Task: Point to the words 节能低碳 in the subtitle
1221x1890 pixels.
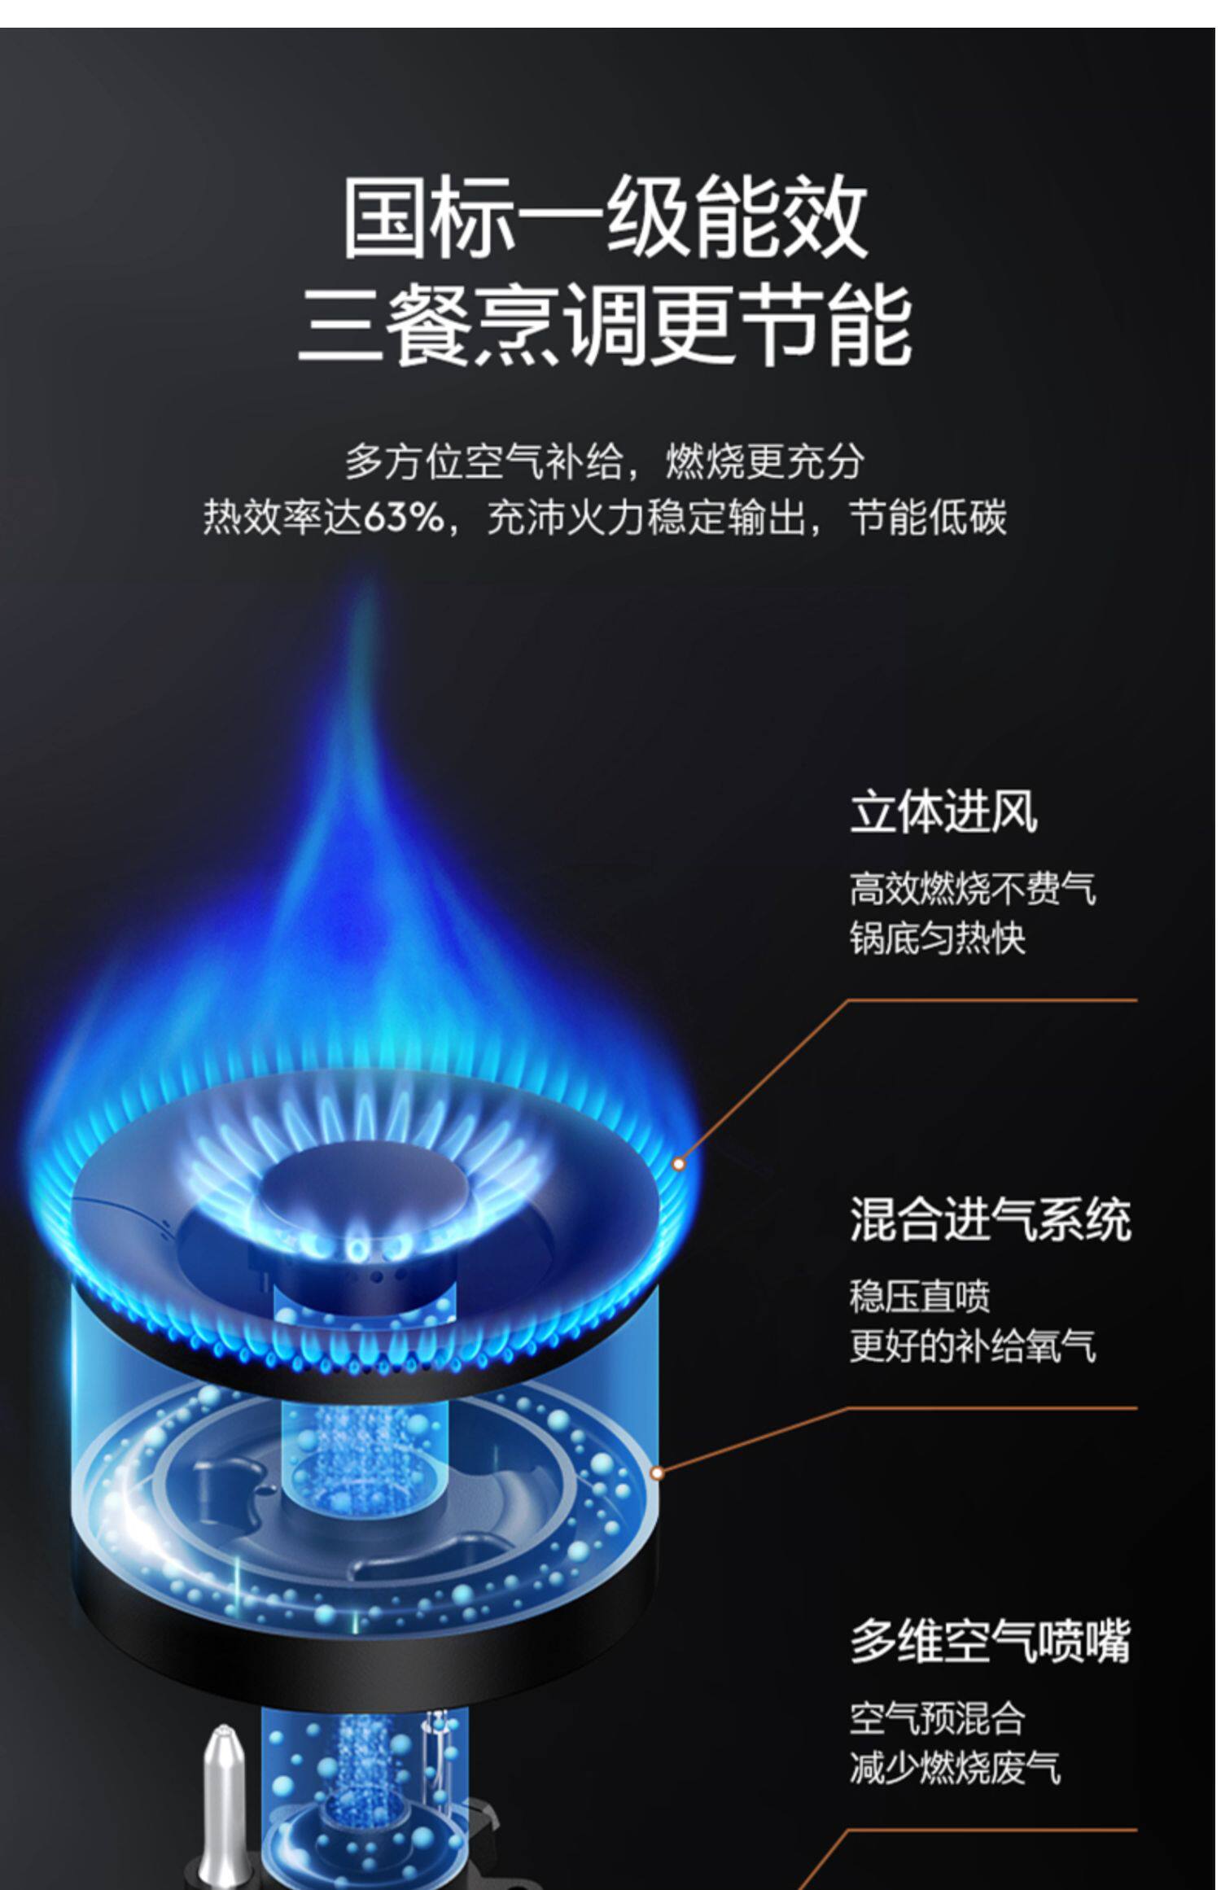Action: click(928, 518)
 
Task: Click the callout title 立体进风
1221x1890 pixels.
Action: click(943, 813)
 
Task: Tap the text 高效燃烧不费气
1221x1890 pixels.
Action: click(973, 889)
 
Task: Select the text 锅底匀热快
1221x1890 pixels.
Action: click(938, 938)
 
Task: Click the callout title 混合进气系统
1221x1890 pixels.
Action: click(991, 1220)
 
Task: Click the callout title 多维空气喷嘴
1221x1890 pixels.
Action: click(991, 1642)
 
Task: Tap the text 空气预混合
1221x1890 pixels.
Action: click(938, 1718)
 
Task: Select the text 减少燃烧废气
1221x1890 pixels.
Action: click(956, 1768)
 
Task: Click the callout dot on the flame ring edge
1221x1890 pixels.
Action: click(679, 1164)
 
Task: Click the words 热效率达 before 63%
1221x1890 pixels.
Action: click(281, 518)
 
